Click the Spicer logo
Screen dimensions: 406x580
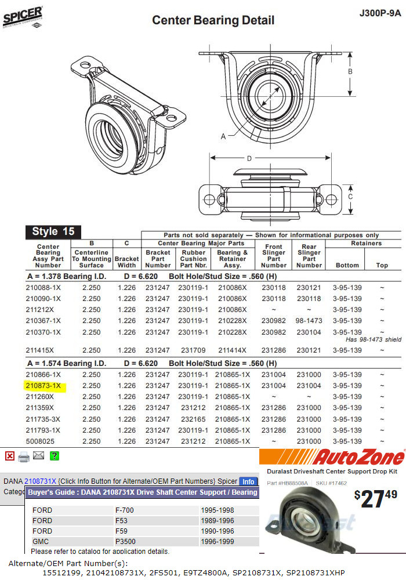point(23,17)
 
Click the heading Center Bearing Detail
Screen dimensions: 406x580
point(213,20)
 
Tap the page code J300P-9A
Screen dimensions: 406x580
point(380,13)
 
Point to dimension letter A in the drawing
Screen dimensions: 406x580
point(223,136)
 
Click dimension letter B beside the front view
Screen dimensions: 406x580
point(350,71)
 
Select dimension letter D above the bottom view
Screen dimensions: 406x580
point(249,158)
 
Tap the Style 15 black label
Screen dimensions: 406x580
point(53,231)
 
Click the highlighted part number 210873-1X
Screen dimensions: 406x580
point(43,386)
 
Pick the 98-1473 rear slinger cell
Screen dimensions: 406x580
point(309,321)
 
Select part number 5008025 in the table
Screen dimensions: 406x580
point(40,441)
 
